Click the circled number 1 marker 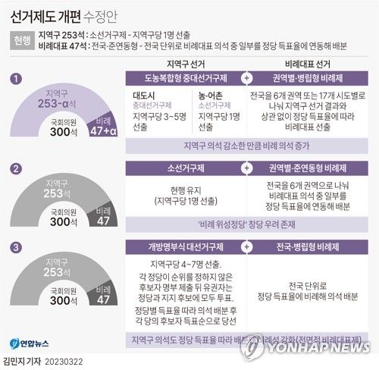[16, 79]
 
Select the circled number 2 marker [16, 168]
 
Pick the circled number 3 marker [16, 247]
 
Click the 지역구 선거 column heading [185, 64]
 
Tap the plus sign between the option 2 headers [246, 168]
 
